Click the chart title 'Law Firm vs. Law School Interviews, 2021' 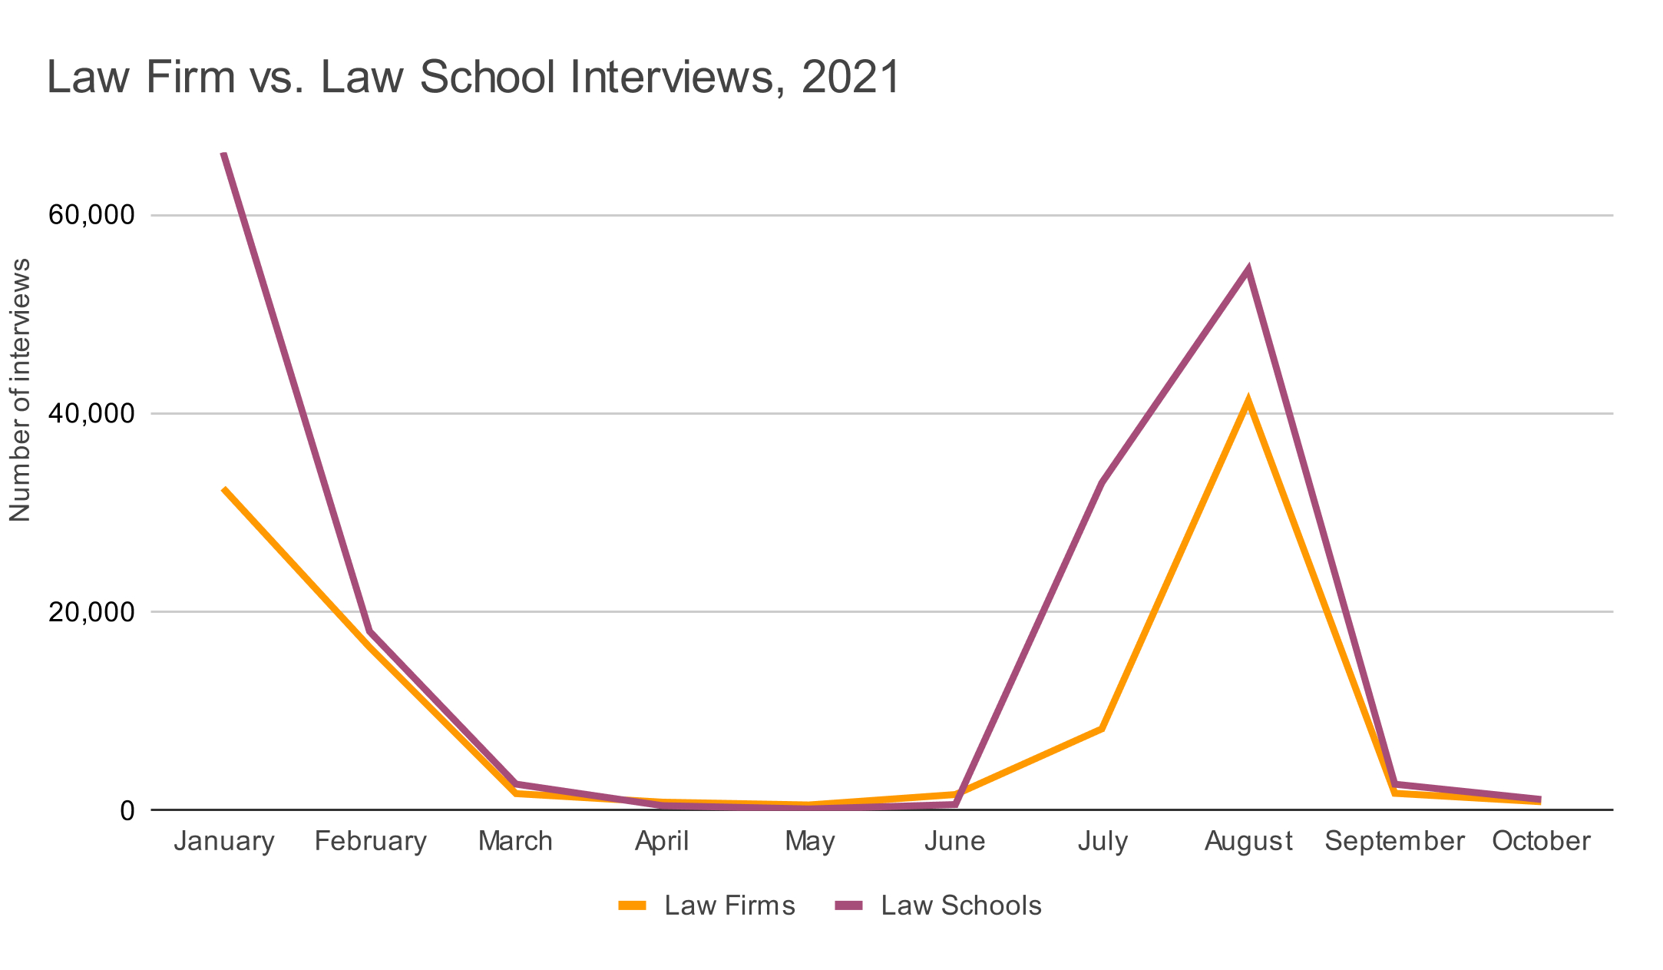pyautogui.click(x=473, y=78)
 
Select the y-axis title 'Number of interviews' pyautogui.click(x=21, y=390)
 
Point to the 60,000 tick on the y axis pyautogui.click(x=91, y=215)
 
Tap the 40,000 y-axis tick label pyautogui.click(x=91, y=413)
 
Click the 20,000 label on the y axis pyautogui.click(x=91, y=612)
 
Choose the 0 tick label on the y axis pyautogui.click(x=127, y=810)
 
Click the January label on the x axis pyautogui.click(x=224, y=842)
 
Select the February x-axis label pyautogui.click(x=371, y=842)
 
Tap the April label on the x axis pyautogui.click(x=662, y=842)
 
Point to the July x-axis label pyautogui.click(x=1103, y=842)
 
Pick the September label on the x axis pyautogui.click(x=1394, y=842)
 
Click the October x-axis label pyautogui.click(x=1541, y=842)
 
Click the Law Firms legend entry pyautogui.click(x=706, y=906)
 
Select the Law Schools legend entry pyautogui.click(x=938, y=906)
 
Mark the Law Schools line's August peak pyautogui.click(x=1249, y=270)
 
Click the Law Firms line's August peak pyautogui.click(x=1248, y=400)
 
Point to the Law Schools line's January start pyautogui.click(x=223, y=154)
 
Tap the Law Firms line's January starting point pyautogui.click(x=224, y=488)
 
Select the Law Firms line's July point pyautogui.click(x=1102, y=728)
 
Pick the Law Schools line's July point pyautogui.click(x=1102, y=483)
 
